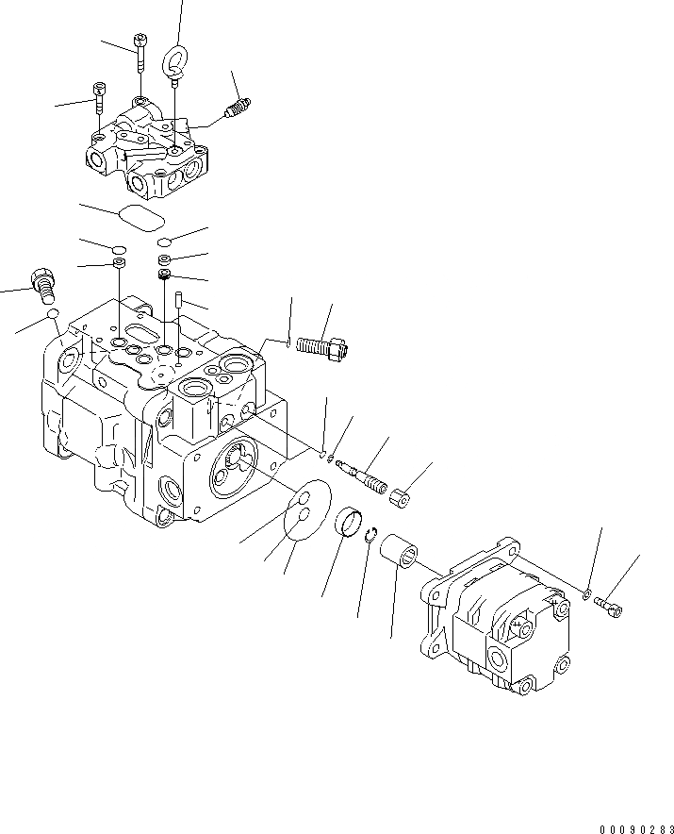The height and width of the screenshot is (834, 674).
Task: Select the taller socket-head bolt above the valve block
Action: (x=140, y=51)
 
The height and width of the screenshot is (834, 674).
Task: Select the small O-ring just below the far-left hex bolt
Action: (x=55, y=313)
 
